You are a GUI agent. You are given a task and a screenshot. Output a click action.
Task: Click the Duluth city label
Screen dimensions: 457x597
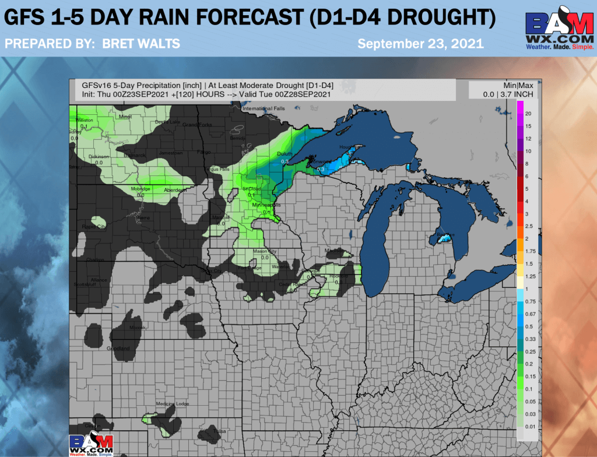pyautogui.click(x=284, y=154)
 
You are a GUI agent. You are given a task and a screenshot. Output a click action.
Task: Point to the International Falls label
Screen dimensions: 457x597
pyautogui.click(x=262, y=109)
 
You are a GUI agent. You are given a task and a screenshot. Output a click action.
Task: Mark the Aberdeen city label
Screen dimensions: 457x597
pyautogui.click(x=175, y=190)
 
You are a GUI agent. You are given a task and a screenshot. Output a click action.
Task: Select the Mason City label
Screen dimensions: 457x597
pyautogui.click(x=264, y=251)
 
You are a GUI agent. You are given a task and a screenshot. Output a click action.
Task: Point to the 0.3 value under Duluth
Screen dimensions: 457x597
pyautogui.click(x=285, y=161)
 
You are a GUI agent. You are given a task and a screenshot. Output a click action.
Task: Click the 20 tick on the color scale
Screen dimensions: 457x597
pyautogui.click(x=528, y=113)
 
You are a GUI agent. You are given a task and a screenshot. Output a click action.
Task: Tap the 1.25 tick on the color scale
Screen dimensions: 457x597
pyautogui.click(x=531, y=276)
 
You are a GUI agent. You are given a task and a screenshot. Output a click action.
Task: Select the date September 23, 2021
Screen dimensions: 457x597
pyautogui.click(x=420, y=44)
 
